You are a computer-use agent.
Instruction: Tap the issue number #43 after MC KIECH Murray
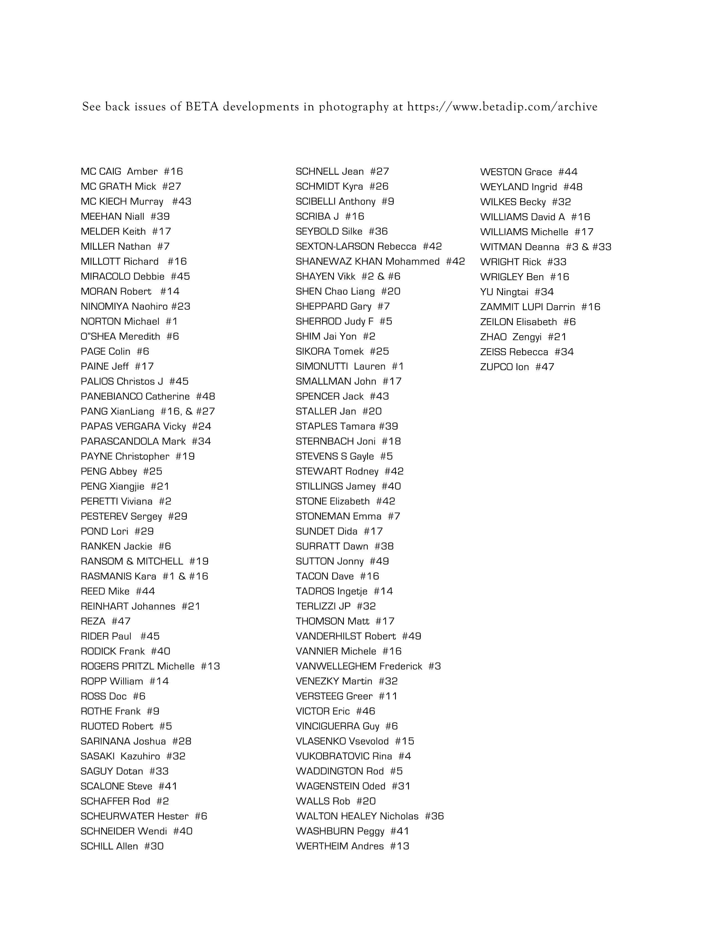181,202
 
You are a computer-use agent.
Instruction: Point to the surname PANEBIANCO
112,397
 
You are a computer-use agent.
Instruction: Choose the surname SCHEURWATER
117,816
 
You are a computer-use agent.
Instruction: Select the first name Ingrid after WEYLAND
544,187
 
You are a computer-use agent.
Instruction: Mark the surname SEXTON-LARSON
335,246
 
